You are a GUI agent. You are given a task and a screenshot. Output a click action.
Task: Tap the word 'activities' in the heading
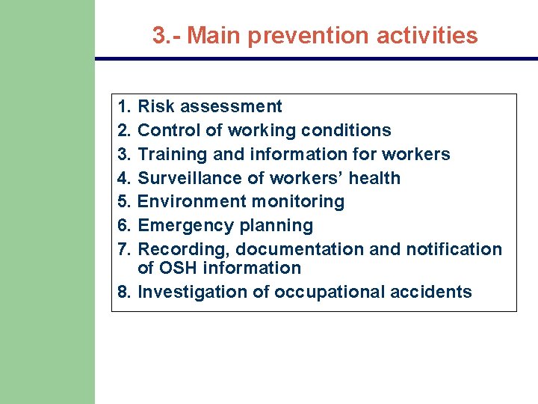pos(436,35)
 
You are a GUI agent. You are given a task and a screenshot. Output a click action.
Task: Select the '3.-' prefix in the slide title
pos(167,35)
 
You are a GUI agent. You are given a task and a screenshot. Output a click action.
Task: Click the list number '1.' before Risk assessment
pos(125,106)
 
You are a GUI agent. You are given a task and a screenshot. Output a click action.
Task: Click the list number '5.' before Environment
pos(125,201)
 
